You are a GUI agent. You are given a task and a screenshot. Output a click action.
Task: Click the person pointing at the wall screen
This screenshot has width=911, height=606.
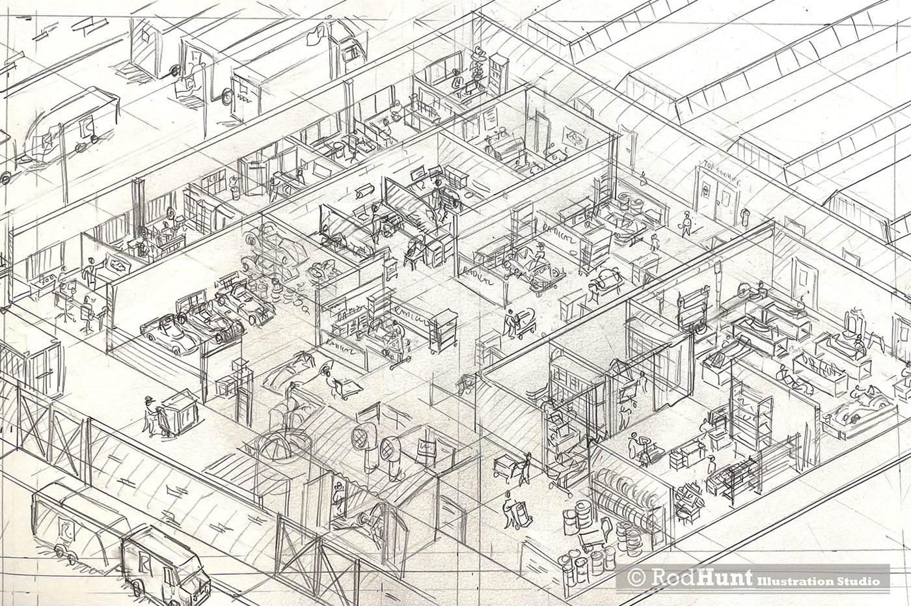[92, 269]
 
